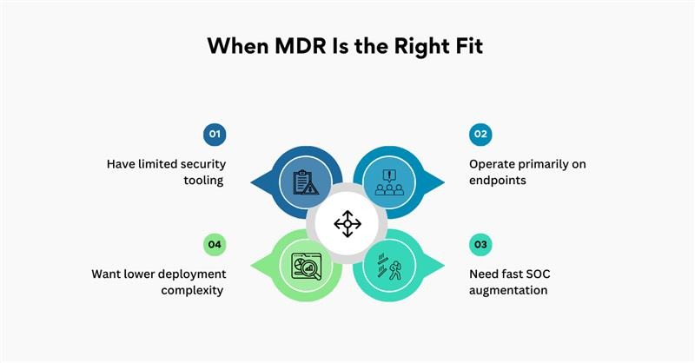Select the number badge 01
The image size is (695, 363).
[x=215, y=134]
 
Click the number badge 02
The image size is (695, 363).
[x=480, y=134]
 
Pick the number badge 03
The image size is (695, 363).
[x=480, y=244]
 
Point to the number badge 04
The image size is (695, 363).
[x=215, y=244]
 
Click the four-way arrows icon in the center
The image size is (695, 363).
[x=347, y=223]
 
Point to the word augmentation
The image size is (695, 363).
[x=508, y=290]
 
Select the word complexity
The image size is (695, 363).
[x=194, y=290]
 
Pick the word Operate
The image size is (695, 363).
[x=493, y=163]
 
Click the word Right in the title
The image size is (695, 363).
[x=414, y=46]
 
